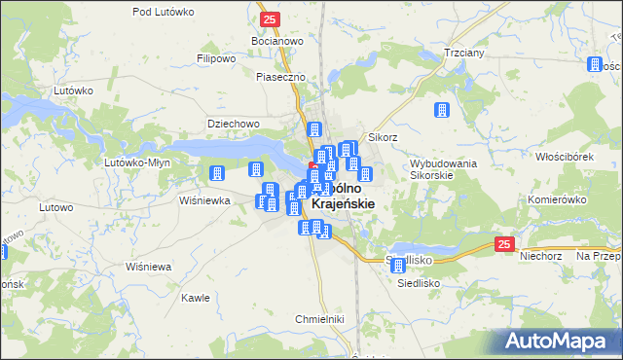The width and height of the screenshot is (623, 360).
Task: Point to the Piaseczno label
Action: (x=281, y=76)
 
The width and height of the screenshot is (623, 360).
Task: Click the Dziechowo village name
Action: (x=233, y=124)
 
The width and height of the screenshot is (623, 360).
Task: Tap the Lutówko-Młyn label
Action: (x=138, y=162)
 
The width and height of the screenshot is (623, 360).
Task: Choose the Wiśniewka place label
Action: (x=204, y=200)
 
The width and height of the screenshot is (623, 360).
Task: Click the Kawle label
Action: (x=196, y=298)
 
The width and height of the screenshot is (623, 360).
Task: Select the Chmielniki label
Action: (x=319, y=318)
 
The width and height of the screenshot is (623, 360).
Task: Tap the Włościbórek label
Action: (x=565, y=156)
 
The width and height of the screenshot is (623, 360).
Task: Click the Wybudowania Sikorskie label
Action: (x=443, y=170)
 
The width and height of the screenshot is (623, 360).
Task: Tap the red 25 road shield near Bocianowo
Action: (x=271, y=18)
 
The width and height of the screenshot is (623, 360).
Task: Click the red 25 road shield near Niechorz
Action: (x=502, y=244)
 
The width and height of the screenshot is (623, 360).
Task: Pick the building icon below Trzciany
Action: (x=441, y=111)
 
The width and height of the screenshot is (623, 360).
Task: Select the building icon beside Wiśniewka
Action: (x=217, y=173)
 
